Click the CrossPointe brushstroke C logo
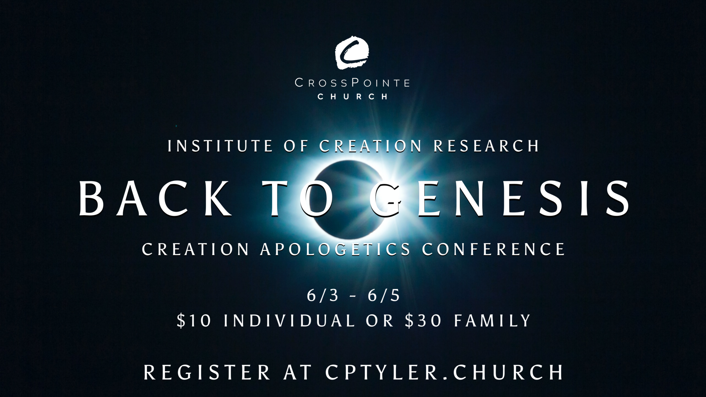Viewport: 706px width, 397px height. [352, 53]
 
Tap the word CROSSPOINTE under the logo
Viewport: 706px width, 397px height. [352, 83]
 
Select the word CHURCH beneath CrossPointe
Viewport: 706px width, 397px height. [352, 97]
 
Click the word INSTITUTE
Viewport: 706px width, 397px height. [220, 146]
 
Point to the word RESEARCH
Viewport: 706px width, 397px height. [486, 146]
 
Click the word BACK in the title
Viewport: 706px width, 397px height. [155, 199]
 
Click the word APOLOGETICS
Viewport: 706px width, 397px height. [335, 249]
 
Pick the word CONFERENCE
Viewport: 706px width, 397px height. [494, 249]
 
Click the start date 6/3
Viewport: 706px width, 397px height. [323, 295]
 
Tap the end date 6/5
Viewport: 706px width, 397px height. [384, 295]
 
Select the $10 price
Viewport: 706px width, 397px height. [194, 320]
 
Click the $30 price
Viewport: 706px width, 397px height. [423, 320]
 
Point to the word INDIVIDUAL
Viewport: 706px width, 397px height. [289, 320]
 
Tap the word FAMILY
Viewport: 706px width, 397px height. [492, 320]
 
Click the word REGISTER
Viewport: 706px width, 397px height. [207, 373]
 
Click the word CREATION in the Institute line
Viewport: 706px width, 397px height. [371, 146]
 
